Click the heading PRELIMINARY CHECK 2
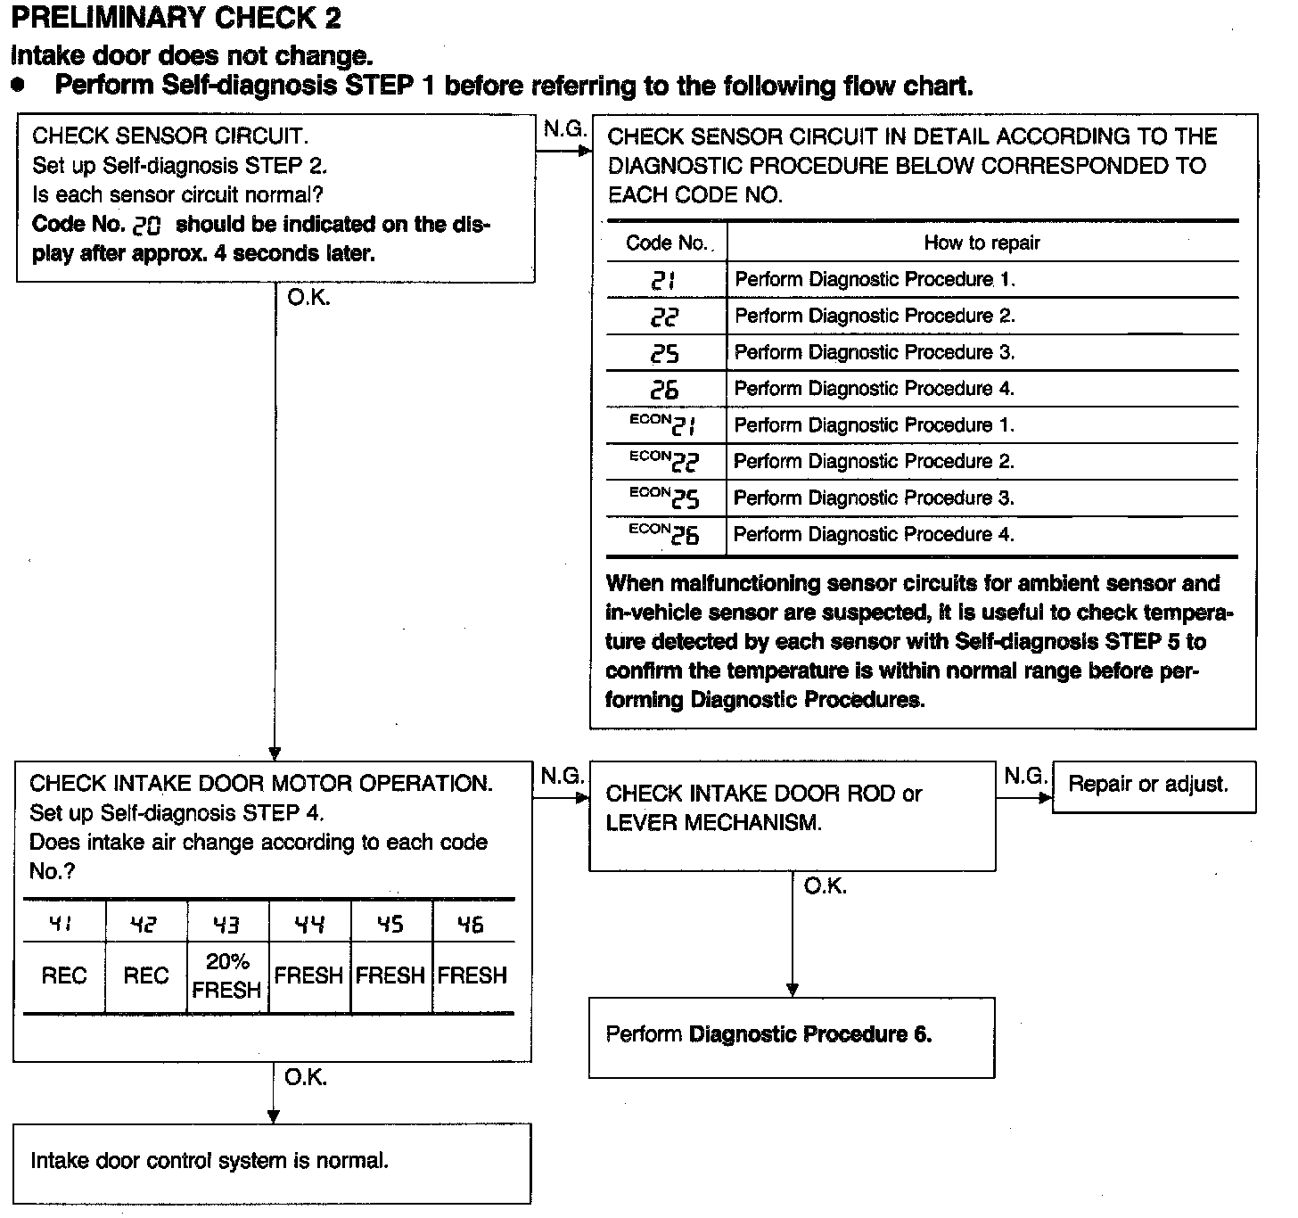(x=176, y=18)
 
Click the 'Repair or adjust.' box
(x=1154, y=786)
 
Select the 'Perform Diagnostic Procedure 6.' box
(x=792, y=1036)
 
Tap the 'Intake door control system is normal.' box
(x=272, y=1162)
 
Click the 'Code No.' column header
(x=666, y=243)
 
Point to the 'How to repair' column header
(x=982, y=243)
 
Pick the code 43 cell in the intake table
(x=227, y=925)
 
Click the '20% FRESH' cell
(x=227, y=975)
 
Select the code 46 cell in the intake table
(x=472, y=925)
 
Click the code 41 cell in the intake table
(x=63, y=925)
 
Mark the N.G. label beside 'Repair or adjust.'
(x=1025, y=777)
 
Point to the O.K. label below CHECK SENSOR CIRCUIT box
(x=308, y=299)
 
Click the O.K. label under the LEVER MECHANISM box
(x=825, y=887)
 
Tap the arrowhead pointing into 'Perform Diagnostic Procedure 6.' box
(x=793, y=990)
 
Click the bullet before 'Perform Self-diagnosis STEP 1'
(x=19, y=86)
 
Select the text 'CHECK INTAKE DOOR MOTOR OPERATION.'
(x=260, y=784)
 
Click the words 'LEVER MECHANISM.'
(x=713, y=823)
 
